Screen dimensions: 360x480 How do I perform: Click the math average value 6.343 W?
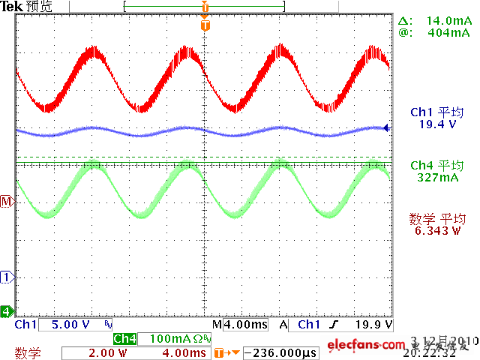[x=436, y=231]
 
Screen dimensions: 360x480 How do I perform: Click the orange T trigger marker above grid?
[x=205, y=25]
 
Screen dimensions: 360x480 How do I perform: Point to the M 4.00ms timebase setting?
[x=241, y=325]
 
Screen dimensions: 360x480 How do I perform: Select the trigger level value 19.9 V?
[x=373, y=325]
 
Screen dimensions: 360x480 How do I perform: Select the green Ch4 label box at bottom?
[x=124, y=339]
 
